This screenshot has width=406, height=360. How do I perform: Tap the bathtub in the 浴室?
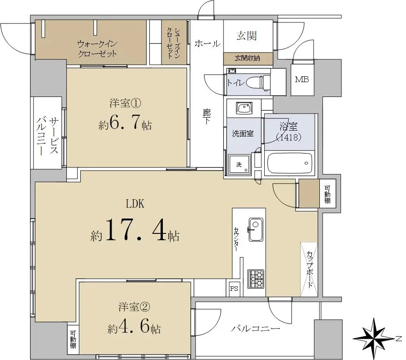[289, 164]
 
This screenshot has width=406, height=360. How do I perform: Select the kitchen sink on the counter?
[256, 229]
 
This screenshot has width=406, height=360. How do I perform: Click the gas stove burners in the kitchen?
[256, 279]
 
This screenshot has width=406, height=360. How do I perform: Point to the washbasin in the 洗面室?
[244, 108]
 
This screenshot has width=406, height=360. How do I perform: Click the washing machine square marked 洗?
[239, 164]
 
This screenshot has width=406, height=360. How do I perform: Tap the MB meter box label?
[302, 79]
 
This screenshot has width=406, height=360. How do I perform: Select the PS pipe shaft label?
[234, 288]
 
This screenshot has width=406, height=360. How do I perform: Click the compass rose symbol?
[373, 338]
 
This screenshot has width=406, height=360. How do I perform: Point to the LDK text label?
[135, 204]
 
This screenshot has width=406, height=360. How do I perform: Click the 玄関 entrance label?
[247, 36]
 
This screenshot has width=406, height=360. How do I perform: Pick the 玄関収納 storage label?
[247, 58]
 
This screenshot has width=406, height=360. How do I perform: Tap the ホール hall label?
[207, 44]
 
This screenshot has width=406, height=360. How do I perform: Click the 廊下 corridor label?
[207, 117]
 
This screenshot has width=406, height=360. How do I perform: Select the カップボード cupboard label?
[310, 270]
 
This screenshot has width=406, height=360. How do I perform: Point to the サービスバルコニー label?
[48, 136]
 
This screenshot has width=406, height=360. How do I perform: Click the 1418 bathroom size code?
[289, 137]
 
